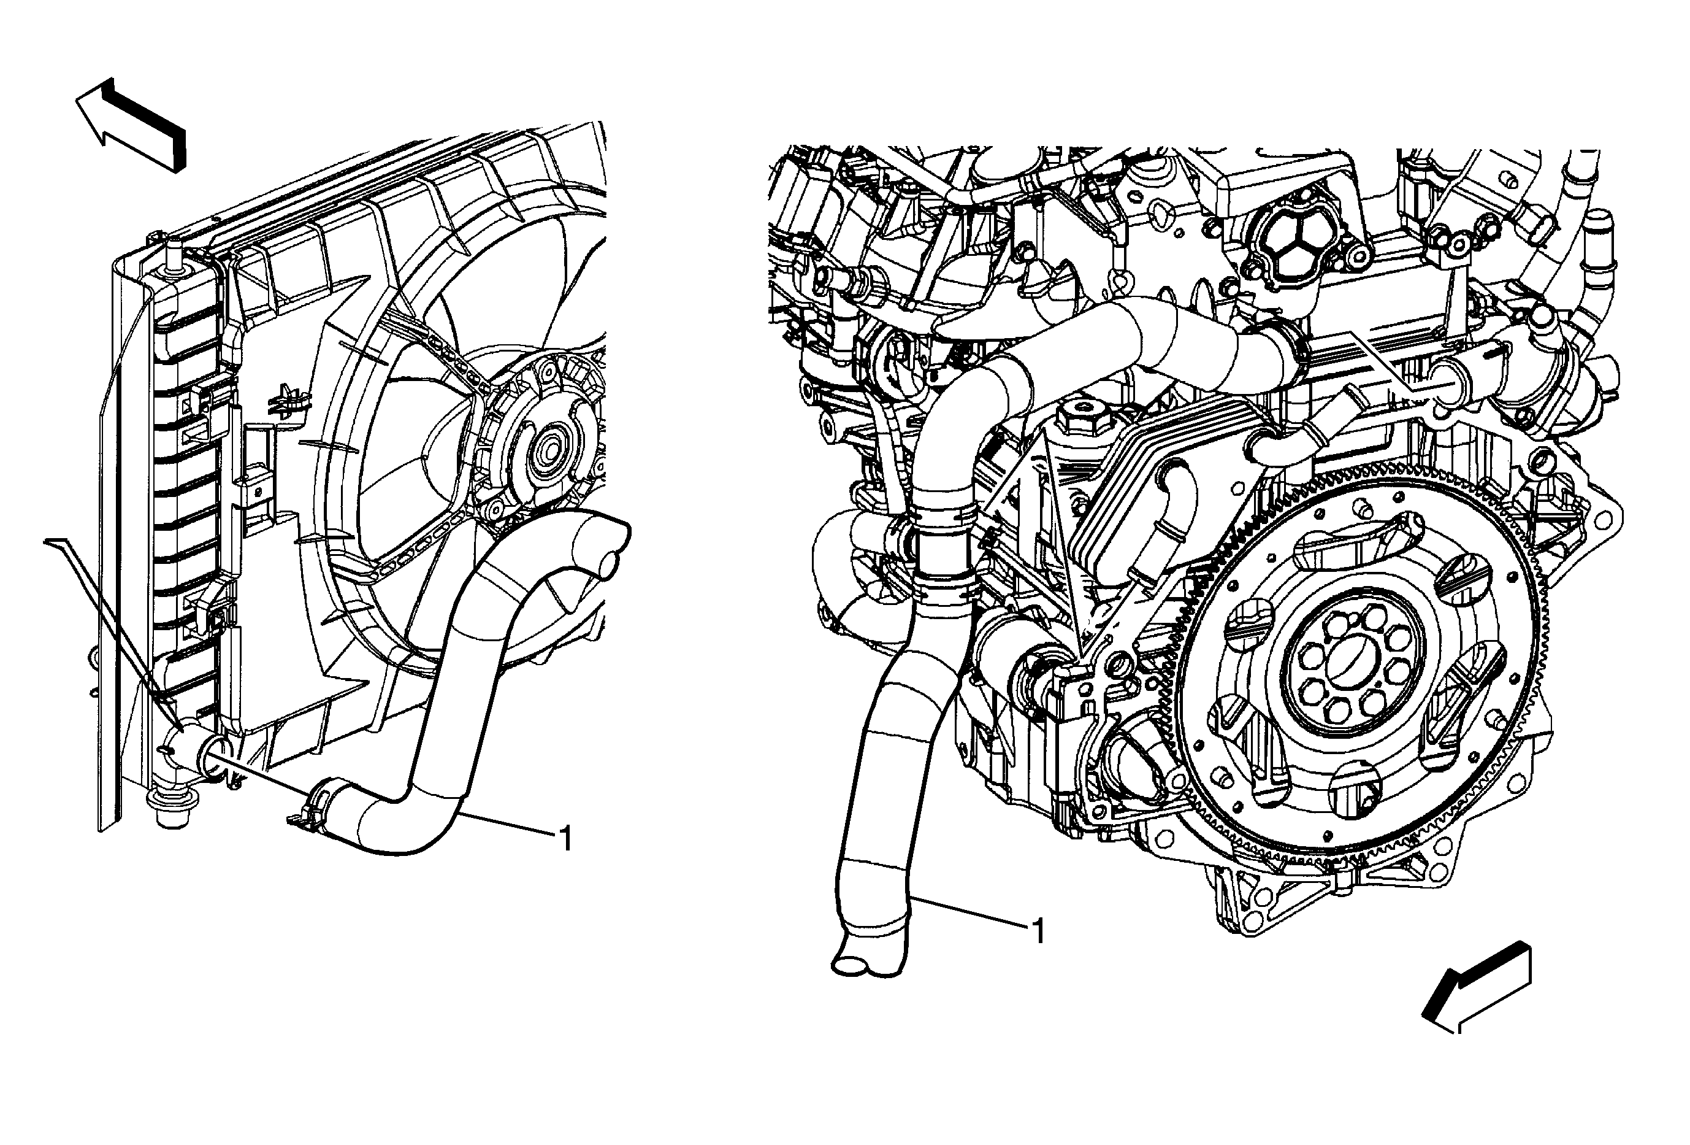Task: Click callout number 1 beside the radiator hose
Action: (565, 839)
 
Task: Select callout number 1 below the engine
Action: (1039, 931)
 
